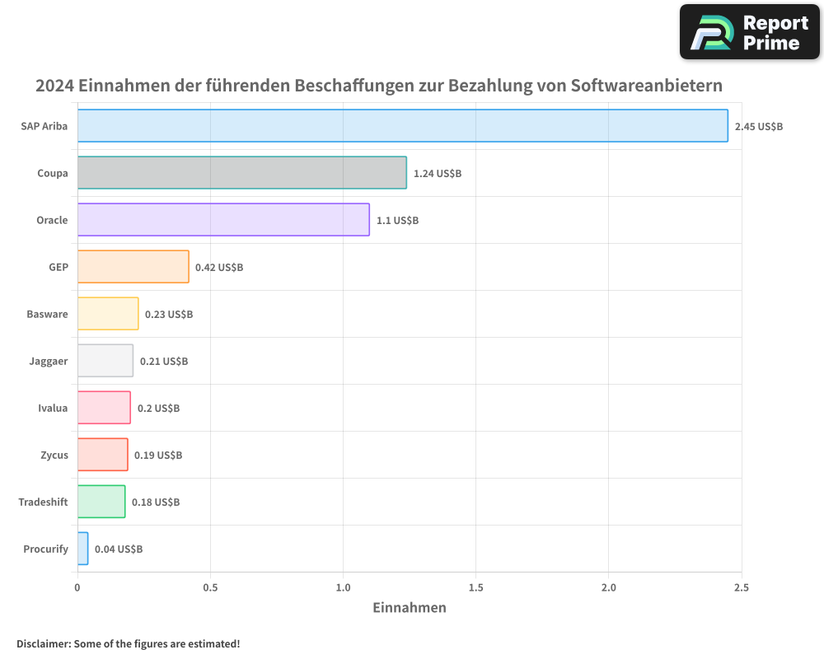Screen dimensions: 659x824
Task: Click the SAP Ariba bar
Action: click(402, 126)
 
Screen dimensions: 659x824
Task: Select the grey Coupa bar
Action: click(241, 173)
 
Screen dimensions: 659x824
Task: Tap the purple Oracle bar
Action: click(223, 220)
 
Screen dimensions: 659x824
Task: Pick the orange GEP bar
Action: click(133, 267)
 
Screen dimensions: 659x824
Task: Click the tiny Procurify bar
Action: click(82, 549)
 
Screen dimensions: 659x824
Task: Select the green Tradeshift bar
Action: click(101, 502)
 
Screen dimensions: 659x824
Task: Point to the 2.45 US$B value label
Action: click(758, 127)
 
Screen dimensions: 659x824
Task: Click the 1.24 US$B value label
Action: click(438, 174)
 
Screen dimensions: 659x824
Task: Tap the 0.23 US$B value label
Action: click(169, 315)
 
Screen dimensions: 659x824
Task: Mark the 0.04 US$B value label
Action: click(119, 549)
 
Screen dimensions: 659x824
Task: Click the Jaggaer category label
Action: click(49, 361)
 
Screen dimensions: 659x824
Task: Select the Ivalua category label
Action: click(53, 408)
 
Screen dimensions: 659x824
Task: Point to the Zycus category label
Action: click(54, 455)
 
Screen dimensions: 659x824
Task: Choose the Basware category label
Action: click(47, 314)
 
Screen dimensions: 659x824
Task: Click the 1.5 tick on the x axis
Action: click(475, 587)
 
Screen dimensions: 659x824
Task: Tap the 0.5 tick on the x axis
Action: click(210, 587)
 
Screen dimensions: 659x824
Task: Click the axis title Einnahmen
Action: click(410, 608)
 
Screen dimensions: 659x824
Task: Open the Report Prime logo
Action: click(750, 32)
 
